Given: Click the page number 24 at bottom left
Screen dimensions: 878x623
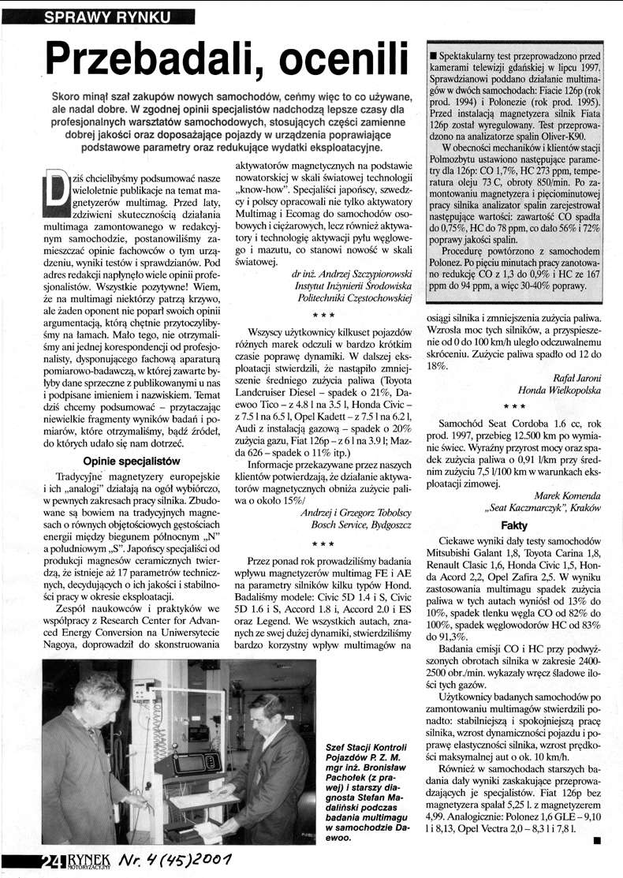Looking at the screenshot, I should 53,863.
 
